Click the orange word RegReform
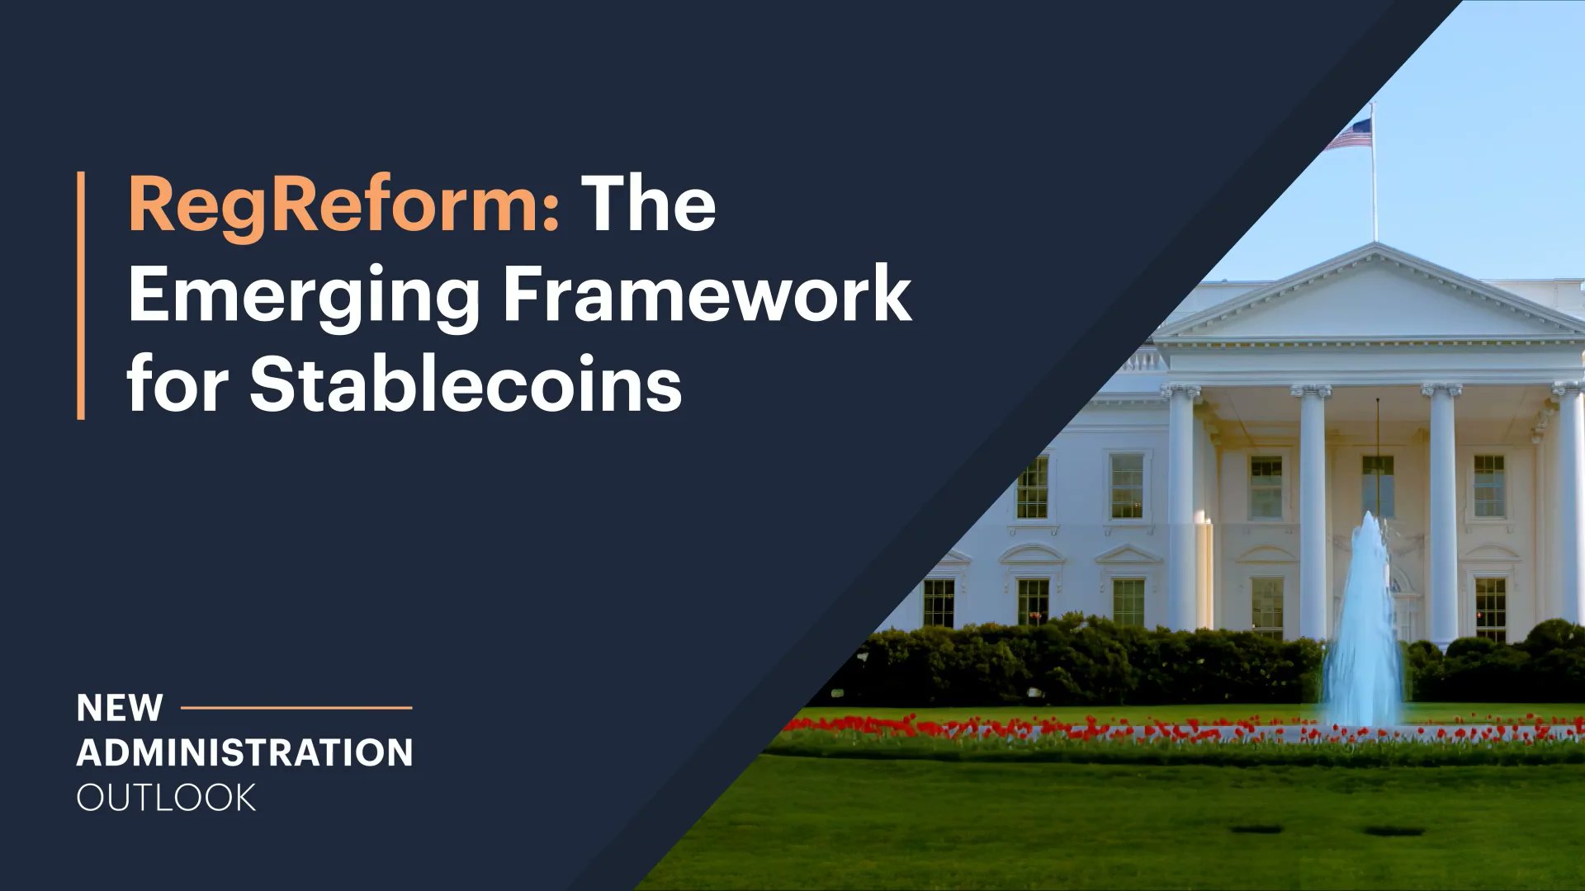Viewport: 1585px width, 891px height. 334,205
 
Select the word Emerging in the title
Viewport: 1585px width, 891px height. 304,295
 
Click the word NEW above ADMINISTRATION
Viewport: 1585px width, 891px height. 120,708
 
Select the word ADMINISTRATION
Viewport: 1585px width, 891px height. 244,752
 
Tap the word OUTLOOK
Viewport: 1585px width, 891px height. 166,798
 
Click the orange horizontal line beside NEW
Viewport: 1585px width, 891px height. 296,707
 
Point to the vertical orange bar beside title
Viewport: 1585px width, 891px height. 81,295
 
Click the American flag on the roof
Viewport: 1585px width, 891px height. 1351,134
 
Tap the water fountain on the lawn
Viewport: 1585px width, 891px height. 1364,627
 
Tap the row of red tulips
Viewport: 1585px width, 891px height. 1073,728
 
